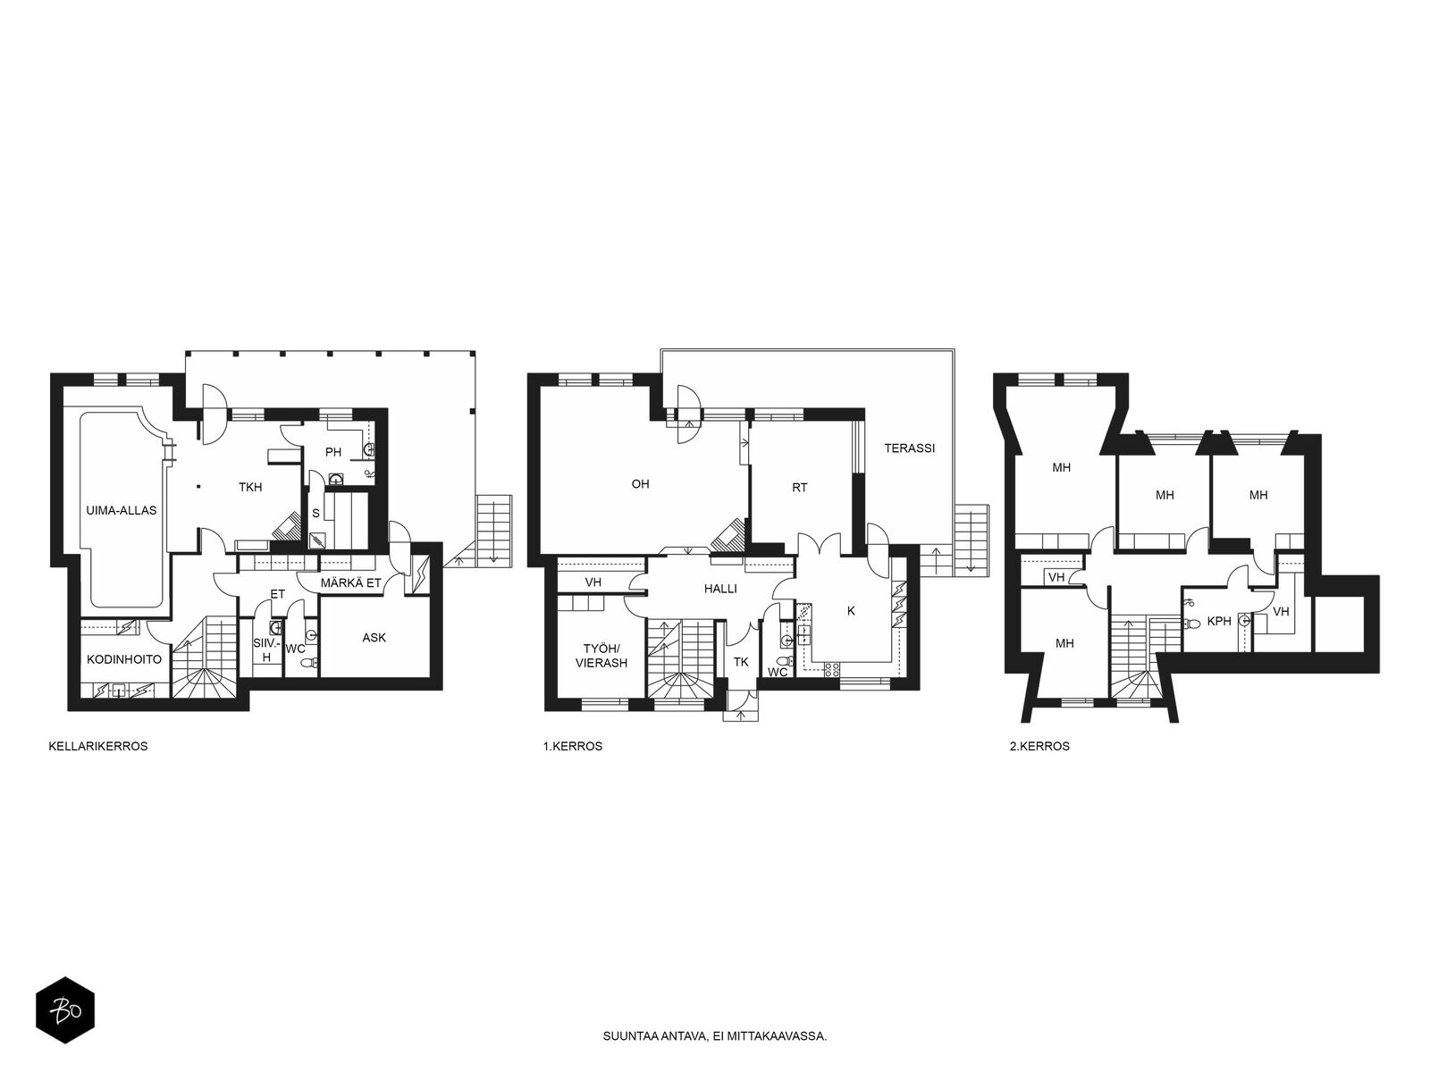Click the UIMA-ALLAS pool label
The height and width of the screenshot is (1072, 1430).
pyautogui.click(x=122, y=510)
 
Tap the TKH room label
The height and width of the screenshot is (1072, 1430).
pyautogui.click(x=250, y=487)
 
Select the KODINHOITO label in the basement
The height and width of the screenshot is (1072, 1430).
pyautogui.click(x=123, y=659)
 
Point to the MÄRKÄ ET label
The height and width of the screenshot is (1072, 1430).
pyautogui.click(x=350, y=583)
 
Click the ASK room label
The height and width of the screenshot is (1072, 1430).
pyautogui.click(x=374, y=637)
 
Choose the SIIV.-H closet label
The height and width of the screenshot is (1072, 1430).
pyautogui.click(x=265, y=650)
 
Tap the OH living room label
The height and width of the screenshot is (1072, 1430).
pyautogui.click(x=641, y=483)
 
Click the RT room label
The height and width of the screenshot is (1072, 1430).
pyautogui.click(x=799, y=488)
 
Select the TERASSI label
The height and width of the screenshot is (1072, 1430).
pyautogui.click(x=910, y=448)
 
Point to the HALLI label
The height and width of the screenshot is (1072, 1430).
pyautogui.click(x=720, y=589)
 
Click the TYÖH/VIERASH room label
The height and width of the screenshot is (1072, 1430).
pyautogui.click(x=601, y=656)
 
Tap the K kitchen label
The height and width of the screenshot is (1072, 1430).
pyautogui.click(x=851, y=610)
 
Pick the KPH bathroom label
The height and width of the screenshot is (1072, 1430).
pyautogui.click(x=1219, y=621)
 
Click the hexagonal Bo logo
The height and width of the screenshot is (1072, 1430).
pyautogui.click(x=65, y=1010)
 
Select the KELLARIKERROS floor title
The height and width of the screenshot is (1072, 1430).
pyautogui.click(x=98, y=746)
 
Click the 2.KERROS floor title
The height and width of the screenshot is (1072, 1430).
pyautogui.click(x=1039, y=746)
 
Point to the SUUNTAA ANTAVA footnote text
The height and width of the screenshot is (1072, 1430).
pyautogui.click(x=715, y=1035)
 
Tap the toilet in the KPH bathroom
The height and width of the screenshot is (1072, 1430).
pyautogui.click(x=1192, y=623)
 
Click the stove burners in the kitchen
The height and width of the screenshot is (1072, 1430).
pyautogui.click(x=832, y=670)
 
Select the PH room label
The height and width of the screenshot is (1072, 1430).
pyautogui.click(x=333, y=452)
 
